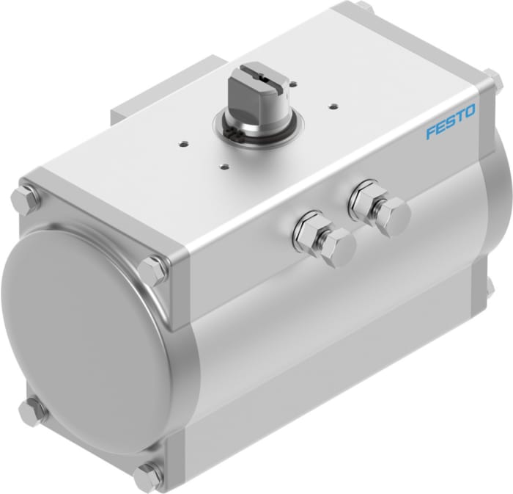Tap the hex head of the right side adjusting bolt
click(x=393, y=215)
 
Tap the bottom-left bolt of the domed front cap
click(x=31, y=413)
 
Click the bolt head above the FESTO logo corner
click(x=490, y=79)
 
